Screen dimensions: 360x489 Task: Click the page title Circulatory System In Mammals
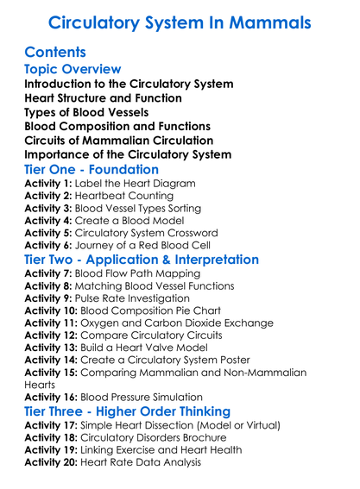pos(180,21)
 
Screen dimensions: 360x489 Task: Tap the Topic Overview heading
pos(73,69)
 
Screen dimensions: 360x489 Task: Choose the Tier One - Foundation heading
pos(92,169)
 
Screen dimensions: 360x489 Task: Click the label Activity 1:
pos(48,184)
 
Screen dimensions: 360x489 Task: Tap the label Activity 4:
pos(48,221)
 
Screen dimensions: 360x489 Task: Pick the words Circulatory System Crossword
pos(156,233)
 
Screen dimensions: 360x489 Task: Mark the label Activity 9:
pos(48,299)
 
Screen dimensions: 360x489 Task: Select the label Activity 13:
pos(52,348)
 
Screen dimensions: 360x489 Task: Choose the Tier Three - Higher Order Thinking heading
pos(127,411)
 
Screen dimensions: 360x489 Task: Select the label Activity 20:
pos(52,462)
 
